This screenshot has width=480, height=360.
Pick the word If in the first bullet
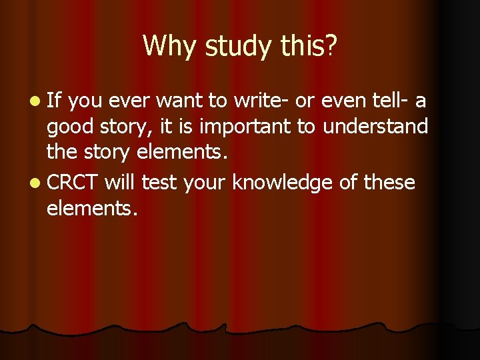pyautogui.click(x=54, y=101)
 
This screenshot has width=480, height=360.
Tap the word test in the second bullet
pyautogui.click(x=157, y=182)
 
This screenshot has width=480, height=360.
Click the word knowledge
pyautogui.click(x=283, y=182)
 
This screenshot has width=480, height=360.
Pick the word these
pyautogui.click(x=389, y=182)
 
